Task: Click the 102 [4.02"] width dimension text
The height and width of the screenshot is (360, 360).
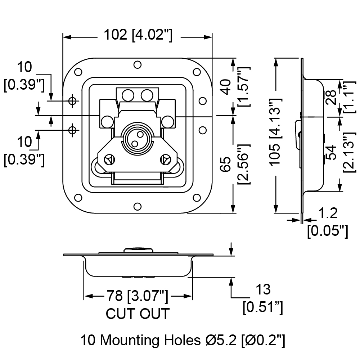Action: tap(138, 35)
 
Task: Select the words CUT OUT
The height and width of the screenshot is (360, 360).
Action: tap(138, 314)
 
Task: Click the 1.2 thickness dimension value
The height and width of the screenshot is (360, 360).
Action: tap(328, 213)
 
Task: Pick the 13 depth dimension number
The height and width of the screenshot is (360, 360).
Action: tap(263, 289)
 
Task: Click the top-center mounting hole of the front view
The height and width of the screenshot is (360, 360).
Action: tap(138, 65)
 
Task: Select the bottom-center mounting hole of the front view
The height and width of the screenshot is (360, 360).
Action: tap(138, 206)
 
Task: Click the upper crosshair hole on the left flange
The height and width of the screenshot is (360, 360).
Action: tap(73, 100)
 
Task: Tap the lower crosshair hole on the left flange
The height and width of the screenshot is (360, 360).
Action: tap(73, 130)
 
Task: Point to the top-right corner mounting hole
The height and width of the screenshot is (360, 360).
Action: tap(197, 72)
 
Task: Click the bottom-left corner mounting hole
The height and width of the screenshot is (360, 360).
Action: tap(78, 198)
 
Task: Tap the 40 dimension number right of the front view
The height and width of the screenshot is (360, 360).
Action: tap(226, 87)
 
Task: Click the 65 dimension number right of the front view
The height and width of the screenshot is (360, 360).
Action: tap(226, 164)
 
